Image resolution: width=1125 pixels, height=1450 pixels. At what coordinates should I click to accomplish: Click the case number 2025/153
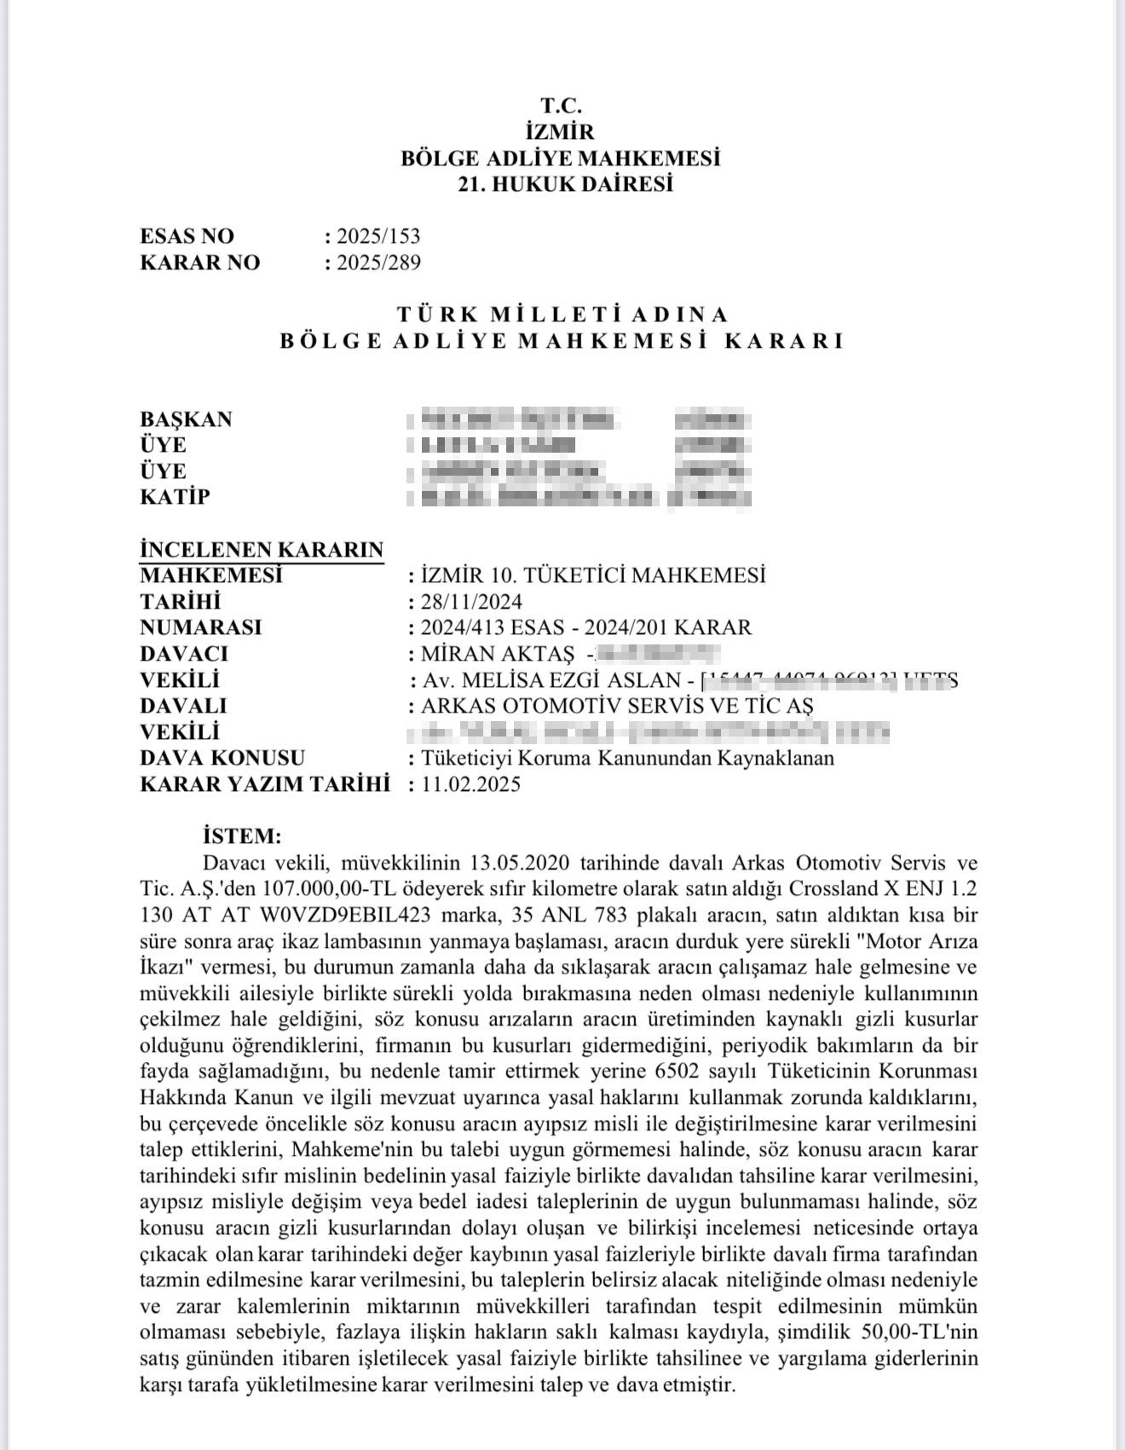[x=378, y=236]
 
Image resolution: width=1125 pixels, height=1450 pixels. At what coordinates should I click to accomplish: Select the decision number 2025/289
[x=378, y=263]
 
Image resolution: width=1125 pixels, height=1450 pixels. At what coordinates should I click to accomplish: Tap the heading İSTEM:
[x=242, y=835]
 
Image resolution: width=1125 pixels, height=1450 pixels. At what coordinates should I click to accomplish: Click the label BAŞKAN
[x=186, y=419]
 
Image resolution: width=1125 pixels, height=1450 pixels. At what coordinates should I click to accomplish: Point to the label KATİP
[x=175, y=497]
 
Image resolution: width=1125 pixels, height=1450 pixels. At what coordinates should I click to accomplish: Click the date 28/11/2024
[x=471, y=602]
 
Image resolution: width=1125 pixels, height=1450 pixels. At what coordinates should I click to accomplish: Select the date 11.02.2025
[x=470, y=784]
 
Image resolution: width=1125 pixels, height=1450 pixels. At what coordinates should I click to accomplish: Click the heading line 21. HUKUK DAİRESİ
[x=565, y=184]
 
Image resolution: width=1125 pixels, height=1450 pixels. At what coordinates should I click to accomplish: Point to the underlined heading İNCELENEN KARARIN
[x=262, y=550]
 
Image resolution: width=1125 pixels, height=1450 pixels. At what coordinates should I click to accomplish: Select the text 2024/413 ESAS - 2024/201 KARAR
[x=586, y=628]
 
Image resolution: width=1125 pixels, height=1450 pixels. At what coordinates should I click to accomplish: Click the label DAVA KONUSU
[x=222, y=758]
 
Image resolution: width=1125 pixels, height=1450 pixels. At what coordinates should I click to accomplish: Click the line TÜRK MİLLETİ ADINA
[x=562, y=315]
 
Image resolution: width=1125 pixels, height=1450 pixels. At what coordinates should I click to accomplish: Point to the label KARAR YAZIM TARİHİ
[x=264, y=784]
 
